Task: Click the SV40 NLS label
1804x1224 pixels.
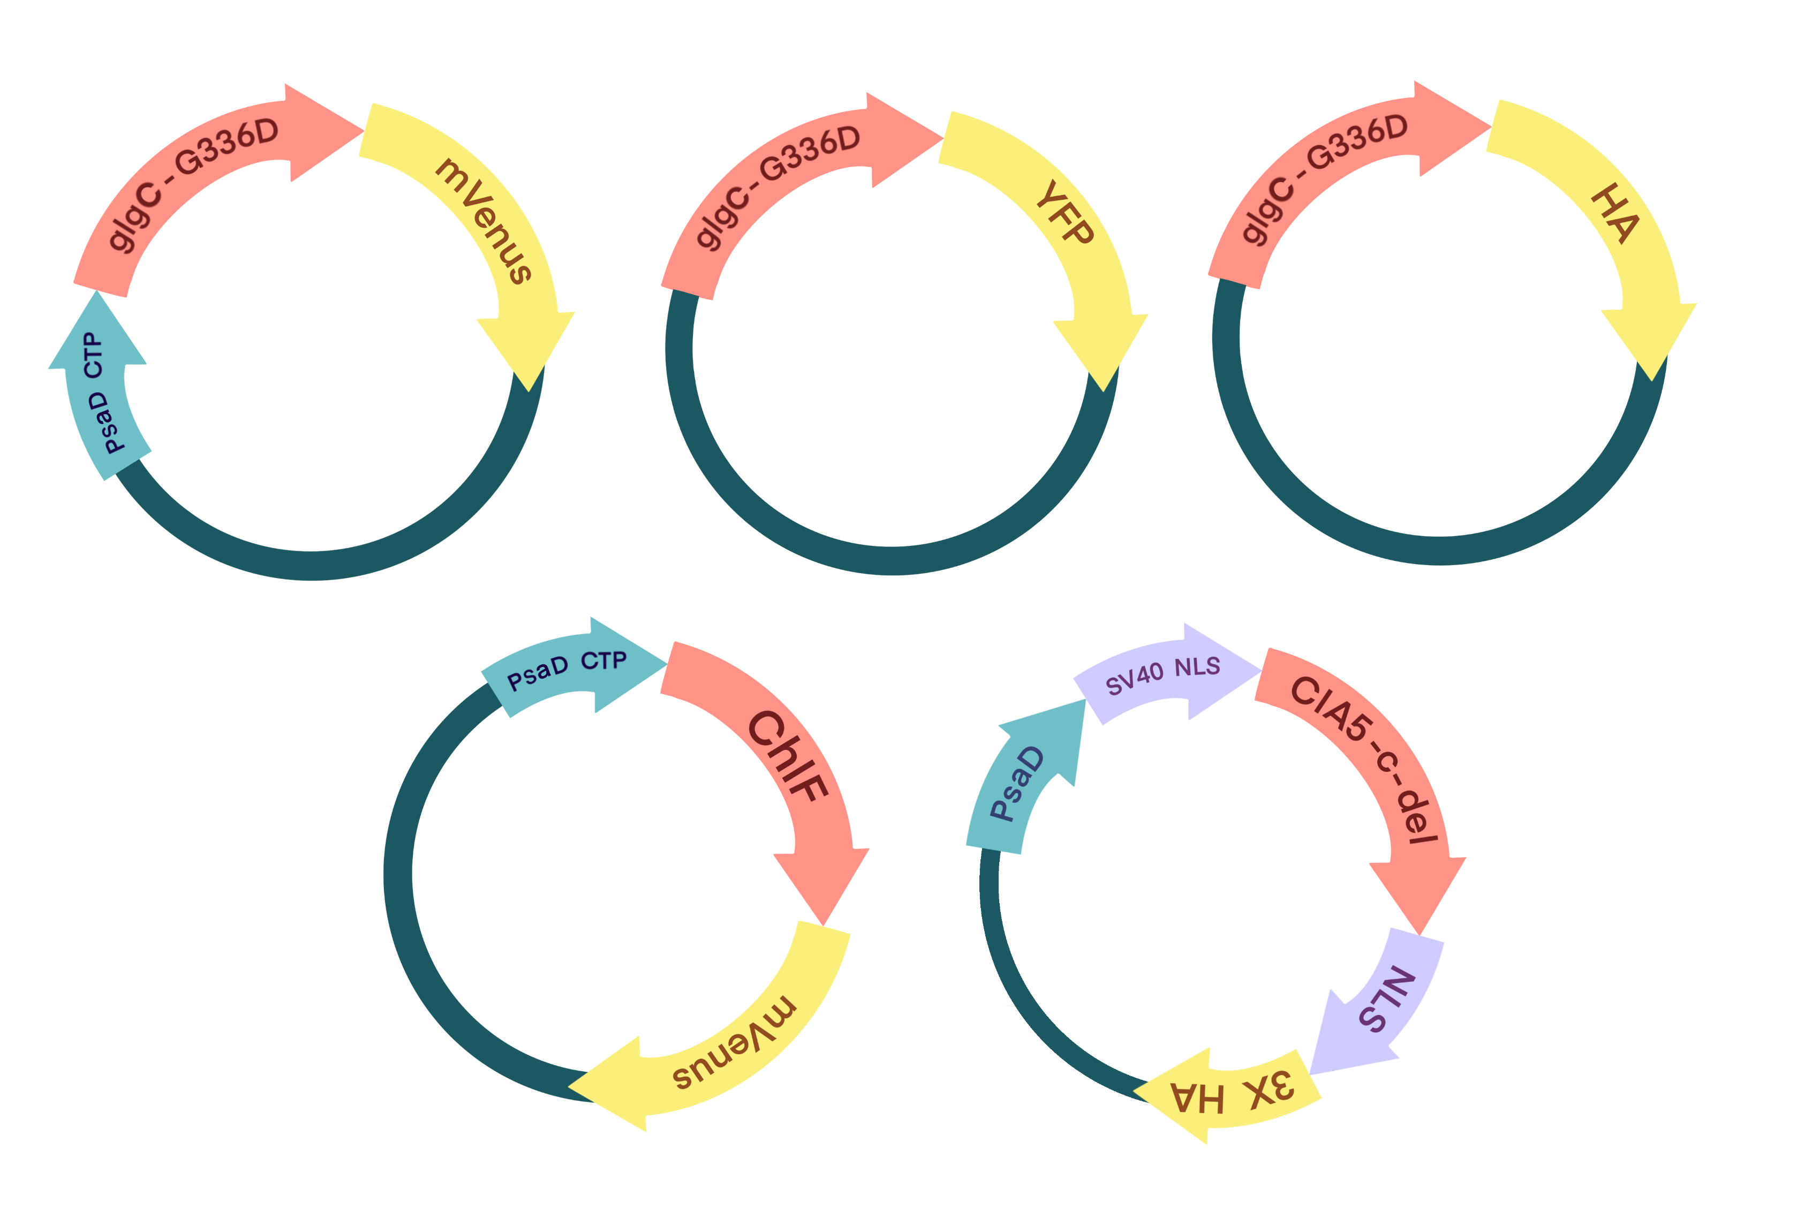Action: [x=1162, y=675]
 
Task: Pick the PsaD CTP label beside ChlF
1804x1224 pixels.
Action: [x=566, y=670]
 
